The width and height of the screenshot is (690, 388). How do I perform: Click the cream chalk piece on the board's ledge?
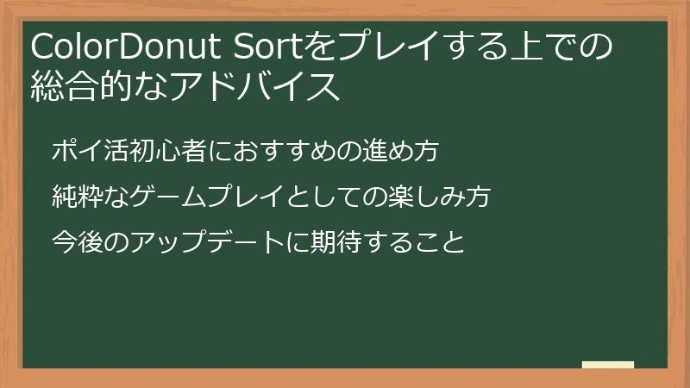pyautogui.click(x=608, y=365)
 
